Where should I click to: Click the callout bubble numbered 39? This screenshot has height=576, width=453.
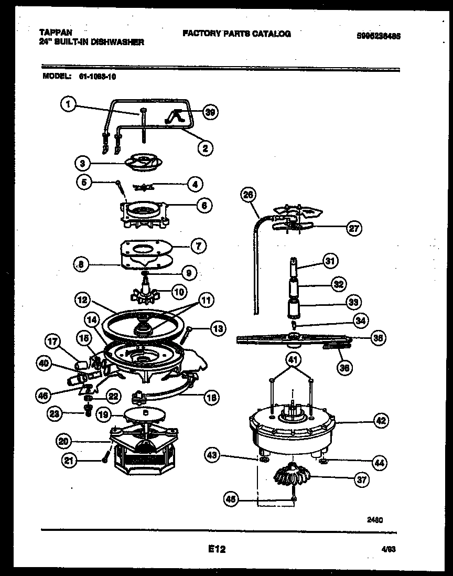coord(210,112)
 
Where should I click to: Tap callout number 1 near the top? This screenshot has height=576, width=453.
coord(67,105)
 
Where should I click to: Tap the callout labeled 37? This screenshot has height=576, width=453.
coord(361,479)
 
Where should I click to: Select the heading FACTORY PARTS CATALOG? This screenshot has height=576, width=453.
coord(236,34)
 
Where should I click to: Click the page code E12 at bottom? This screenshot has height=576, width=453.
coord(217,549)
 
